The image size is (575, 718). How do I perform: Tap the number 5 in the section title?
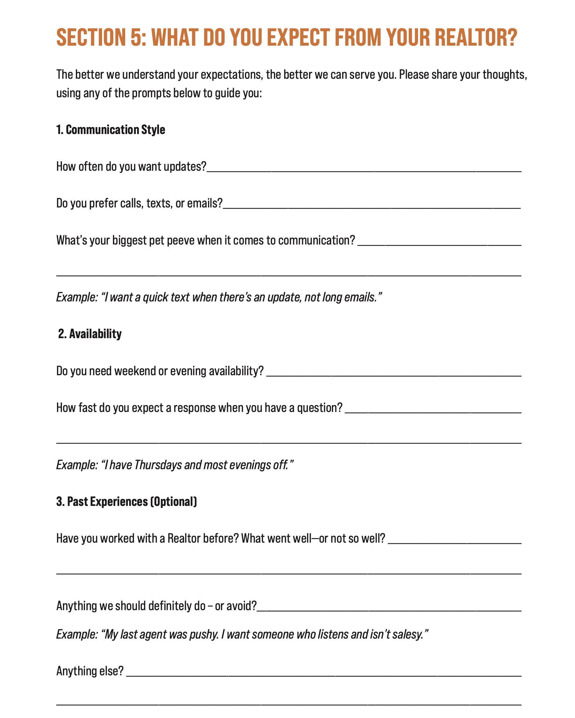click(136, 37)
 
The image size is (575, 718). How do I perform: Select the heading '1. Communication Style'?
click(110, 130)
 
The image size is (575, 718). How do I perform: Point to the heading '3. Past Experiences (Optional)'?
click(126, 502)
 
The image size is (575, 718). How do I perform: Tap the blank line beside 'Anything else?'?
click(323, 675)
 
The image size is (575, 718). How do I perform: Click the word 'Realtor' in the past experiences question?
click(184, 539)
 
